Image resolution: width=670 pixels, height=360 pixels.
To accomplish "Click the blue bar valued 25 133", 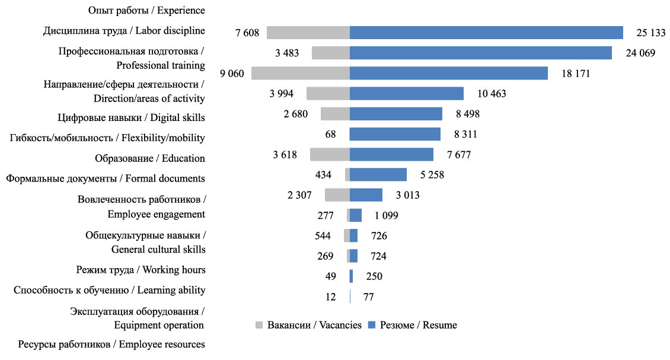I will coord(486,33).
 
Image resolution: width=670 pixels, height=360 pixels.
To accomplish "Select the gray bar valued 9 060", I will coord(301,73).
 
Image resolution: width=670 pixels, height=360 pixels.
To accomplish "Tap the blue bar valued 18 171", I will coord(448,73).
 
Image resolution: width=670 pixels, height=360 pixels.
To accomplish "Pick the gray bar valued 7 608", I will coord(308,33).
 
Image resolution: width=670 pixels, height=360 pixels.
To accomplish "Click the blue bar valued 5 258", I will coord(378,174).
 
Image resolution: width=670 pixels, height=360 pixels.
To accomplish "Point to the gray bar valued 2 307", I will coord(337,195).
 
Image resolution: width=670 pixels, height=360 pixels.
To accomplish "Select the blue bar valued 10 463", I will coord(407,94).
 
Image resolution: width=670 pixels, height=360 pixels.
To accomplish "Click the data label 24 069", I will coord(640,53).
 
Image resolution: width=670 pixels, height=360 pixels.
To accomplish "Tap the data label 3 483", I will coord(290,53).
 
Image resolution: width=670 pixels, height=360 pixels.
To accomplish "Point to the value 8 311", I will coord(462,134).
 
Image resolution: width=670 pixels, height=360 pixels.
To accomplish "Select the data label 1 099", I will coord(386,215).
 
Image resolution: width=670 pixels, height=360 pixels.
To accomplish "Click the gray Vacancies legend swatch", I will coord(259,325).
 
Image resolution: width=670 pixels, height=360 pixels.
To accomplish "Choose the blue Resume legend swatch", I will coord(372,325).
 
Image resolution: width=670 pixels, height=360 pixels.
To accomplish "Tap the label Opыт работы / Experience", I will coord(146,10).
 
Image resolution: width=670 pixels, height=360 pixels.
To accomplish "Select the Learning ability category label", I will coord(109,290).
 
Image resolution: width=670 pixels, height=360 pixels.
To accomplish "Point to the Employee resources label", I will coord(111,345).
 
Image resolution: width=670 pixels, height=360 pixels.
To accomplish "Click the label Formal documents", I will coord(106,178).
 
